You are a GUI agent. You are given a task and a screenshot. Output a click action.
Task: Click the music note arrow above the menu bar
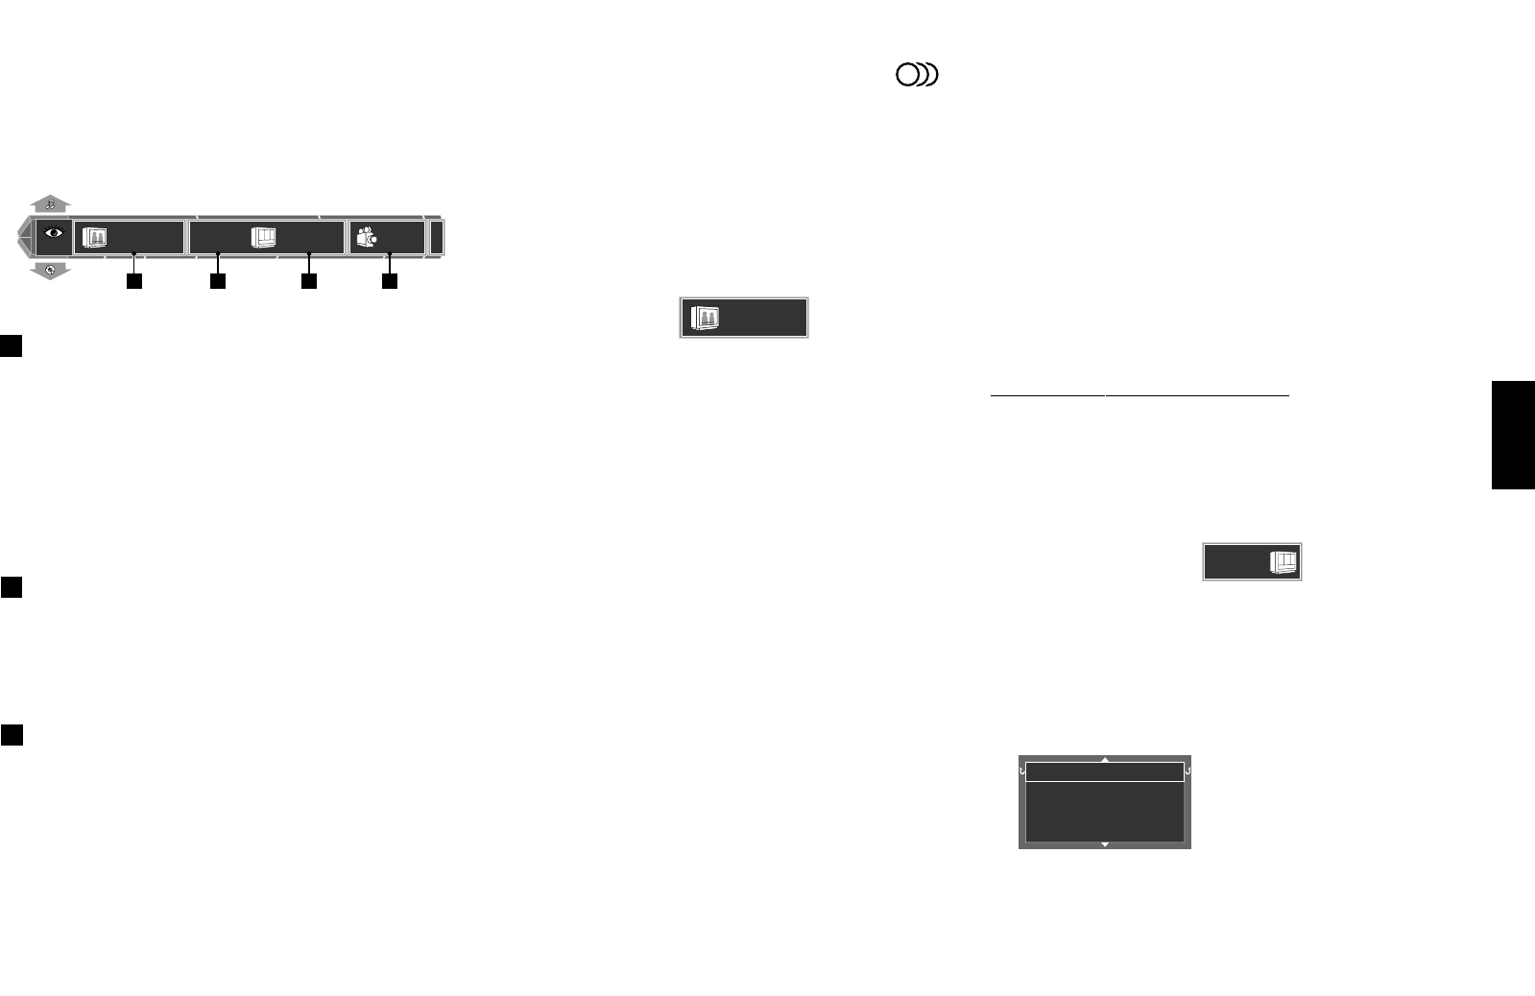point(50,203)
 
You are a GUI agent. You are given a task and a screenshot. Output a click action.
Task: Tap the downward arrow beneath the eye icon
point(50,271)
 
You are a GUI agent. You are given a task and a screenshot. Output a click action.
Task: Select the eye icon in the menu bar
point(54,233)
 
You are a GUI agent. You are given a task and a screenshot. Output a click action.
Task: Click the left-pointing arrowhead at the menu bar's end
point(23,237)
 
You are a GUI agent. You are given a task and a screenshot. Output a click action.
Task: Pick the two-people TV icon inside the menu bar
point(94,238)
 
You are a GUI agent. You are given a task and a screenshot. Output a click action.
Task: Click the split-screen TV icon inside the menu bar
point(264,237)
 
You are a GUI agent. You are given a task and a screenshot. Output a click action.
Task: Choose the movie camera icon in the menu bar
point(366,237)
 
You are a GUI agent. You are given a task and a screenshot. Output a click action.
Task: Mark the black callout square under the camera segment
point(390,281)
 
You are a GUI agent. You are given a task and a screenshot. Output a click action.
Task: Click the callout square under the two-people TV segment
point(134,281)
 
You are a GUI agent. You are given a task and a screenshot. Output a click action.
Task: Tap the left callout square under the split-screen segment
point(218,281)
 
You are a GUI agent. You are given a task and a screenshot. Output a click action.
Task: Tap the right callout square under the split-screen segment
point(308,281)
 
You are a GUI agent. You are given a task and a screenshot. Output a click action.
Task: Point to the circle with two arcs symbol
point(917,75)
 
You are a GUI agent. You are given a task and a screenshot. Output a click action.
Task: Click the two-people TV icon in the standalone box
point(706,319)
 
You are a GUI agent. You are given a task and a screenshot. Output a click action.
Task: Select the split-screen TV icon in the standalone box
point(1283,562)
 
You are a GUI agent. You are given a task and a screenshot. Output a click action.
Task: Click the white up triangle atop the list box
point(1105,759)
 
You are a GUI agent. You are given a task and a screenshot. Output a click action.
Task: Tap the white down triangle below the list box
point(1105,844)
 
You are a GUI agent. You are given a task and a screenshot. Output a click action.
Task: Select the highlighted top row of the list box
point(1105,772)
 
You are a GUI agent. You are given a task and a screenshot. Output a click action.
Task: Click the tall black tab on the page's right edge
point(1513,435)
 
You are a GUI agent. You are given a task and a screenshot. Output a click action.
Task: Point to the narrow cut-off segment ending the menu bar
point(437,237)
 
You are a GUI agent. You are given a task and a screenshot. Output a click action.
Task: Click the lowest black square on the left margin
point(12,735)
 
